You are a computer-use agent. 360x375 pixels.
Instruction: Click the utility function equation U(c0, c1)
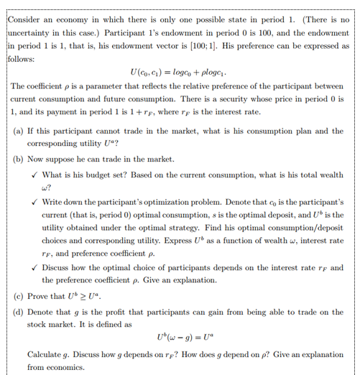click(x=177, y=72)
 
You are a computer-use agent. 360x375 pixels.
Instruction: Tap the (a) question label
click(x=19, y=131)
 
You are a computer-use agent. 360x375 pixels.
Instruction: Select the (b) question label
click(x=19, y=159)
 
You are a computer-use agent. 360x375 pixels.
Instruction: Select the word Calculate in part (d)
click(x=45, y=355)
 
